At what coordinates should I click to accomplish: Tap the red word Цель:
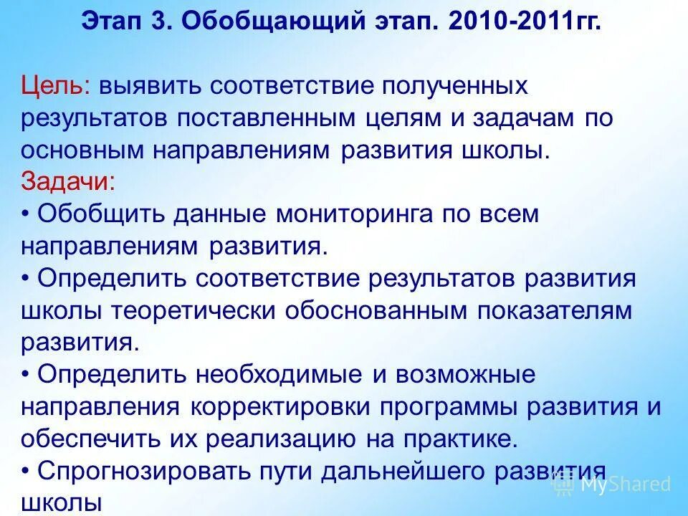coord(55,87)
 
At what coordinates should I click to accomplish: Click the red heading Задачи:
coord(67,181)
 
